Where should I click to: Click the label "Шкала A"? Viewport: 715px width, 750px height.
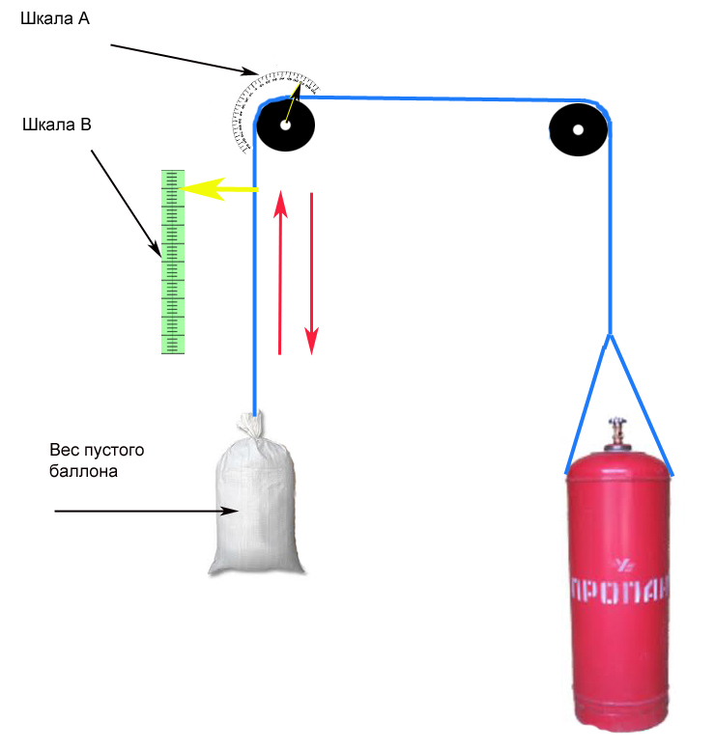57,18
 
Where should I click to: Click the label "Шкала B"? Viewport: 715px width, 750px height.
57,124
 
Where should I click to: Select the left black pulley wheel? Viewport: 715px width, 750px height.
285,125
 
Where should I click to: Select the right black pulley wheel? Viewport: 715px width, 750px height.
578,128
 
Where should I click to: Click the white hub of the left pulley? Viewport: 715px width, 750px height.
285,125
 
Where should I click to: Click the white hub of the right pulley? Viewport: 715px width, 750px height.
578,128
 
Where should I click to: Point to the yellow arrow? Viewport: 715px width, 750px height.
217,188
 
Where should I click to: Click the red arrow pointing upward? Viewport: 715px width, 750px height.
280,270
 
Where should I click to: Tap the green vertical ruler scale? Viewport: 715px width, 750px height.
173,262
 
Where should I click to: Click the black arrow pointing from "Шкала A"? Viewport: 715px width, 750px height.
184,58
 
